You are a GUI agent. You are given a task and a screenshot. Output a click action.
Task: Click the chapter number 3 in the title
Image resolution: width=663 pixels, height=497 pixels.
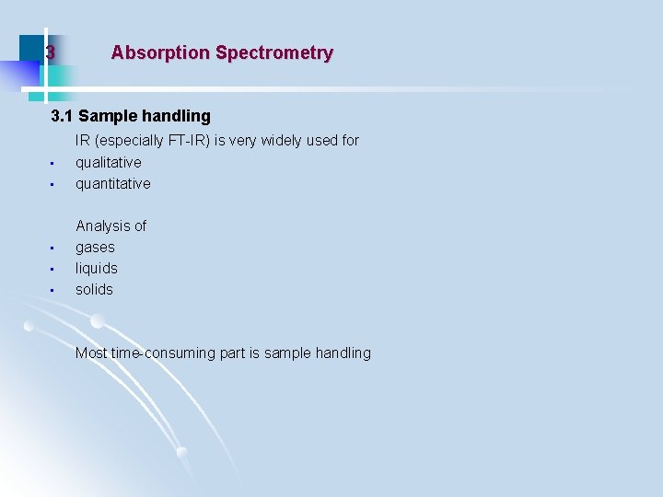51,53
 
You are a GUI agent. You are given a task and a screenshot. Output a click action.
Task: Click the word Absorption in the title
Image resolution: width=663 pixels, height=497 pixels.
159,53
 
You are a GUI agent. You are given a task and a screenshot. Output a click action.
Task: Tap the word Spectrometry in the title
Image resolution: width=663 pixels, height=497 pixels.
274,53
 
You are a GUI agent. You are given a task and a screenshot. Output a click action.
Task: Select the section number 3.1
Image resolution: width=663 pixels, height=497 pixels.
63,116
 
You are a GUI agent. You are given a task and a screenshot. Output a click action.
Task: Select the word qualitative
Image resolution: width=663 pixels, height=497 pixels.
109,162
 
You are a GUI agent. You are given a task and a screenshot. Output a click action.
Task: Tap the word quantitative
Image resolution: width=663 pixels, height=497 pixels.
112,183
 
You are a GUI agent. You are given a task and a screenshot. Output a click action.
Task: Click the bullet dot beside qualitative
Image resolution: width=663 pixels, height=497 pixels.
52,164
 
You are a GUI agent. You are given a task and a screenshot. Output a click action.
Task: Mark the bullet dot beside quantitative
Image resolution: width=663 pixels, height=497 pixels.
52,185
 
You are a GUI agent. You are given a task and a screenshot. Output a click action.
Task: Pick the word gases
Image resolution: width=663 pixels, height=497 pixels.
95,247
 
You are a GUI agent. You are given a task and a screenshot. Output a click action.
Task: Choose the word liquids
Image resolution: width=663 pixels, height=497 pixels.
97,268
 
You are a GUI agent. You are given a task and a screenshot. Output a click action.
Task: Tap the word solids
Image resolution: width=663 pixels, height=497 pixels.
94,289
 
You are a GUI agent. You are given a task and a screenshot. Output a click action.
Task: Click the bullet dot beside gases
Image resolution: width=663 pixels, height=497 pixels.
52,248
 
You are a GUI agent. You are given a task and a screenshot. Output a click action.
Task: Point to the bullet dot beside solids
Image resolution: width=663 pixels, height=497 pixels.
52,291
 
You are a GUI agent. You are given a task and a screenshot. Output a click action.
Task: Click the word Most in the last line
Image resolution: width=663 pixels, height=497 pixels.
91,353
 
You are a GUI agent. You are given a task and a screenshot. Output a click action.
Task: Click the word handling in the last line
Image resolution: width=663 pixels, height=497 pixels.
342,353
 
